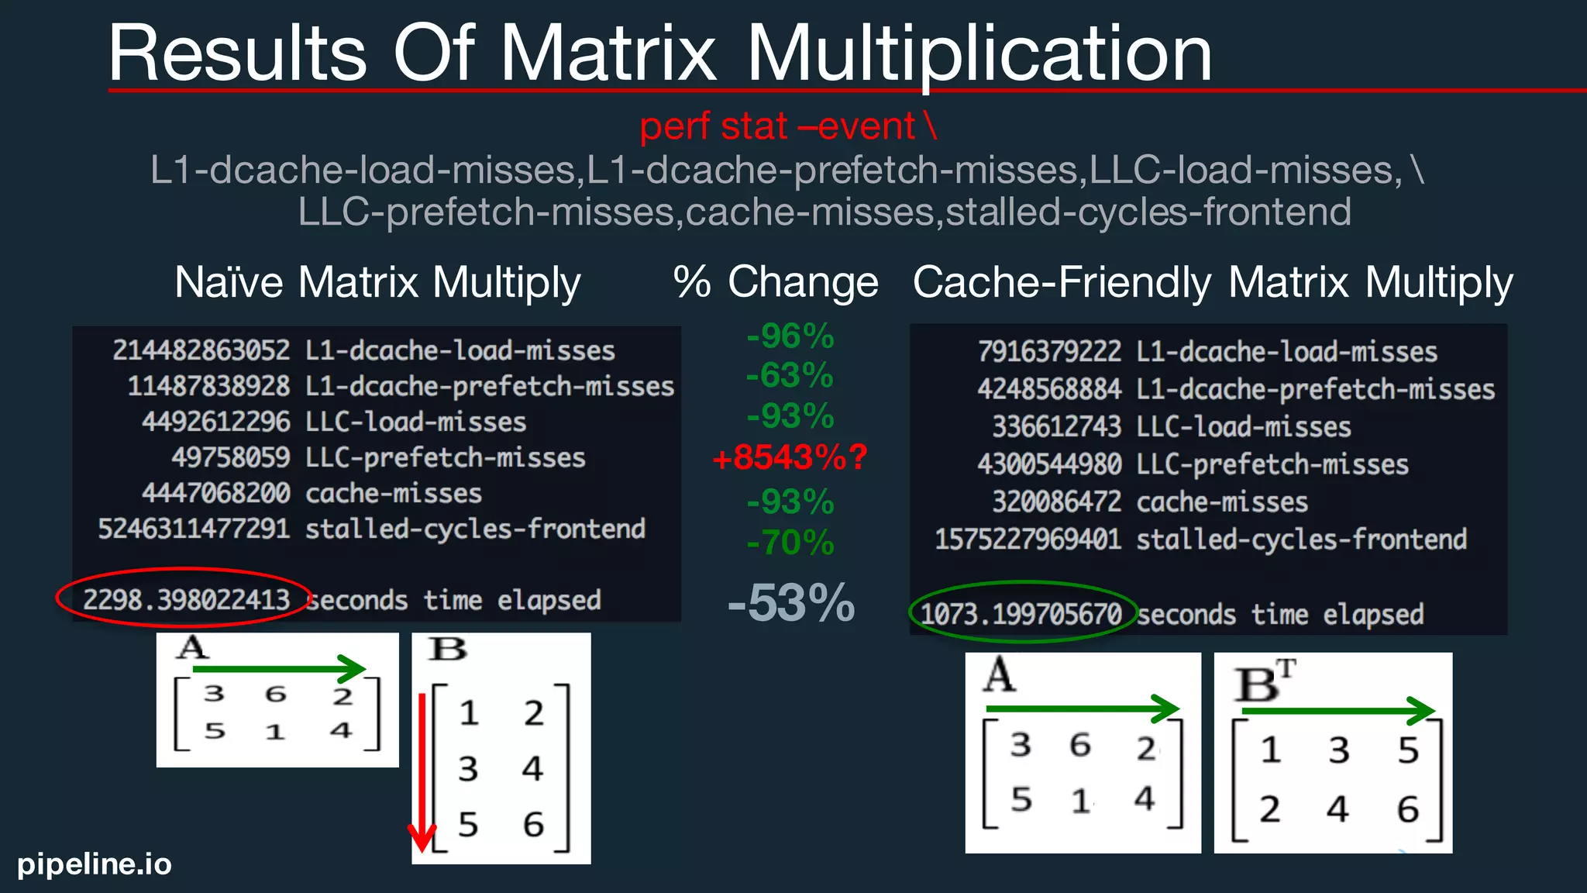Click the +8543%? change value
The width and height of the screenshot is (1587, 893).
tap(790, 457)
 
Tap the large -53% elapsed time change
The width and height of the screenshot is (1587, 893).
tap(791, 603)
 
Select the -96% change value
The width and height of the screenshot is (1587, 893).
tap(790, 336)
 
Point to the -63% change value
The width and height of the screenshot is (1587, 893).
tap(790, 376)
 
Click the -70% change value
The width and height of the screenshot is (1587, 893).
tap(790, 543)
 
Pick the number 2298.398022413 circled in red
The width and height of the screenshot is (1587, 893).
tap(186, 599)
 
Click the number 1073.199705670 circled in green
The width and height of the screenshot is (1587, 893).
tap(1021, 614)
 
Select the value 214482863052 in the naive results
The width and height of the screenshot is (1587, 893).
tap(201, 350)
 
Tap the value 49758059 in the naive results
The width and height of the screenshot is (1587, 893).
tap(231, 457)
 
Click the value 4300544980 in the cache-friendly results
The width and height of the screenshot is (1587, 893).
tap(1049, 464)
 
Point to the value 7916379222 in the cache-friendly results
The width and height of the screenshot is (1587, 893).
tap(1049, 352)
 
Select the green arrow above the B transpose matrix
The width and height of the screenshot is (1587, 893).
tap(1337, 710)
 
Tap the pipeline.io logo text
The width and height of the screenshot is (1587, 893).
tap(95, 864)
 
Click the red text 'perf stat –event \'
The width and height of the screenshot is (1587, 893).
tap(788, 126)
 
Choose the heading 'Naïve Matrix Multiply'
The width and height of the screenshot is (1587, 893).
tap(377, 282)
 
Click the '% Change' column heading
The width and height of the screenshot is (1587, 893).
tap(776, 281)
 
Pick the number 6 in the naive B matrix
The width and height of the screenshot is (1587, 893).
tap(533, 824)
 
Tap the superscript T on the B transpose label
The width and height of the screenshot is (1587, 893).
tap(1286, 667)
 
